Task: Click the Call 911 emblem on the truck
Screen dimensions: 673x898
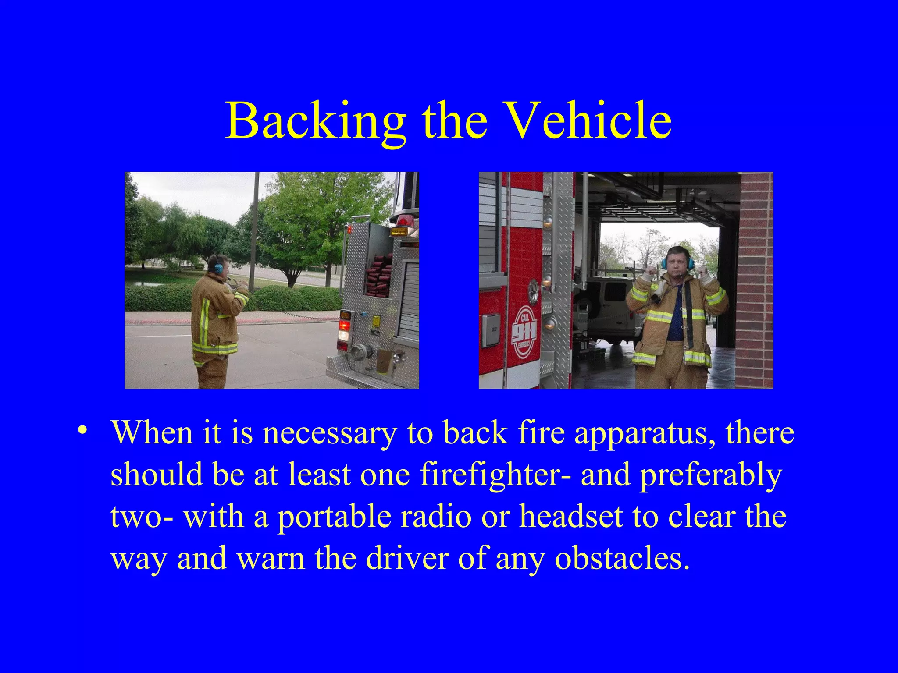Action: pos(524,332)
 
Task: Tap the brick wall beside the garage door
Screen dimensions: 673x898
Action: pos(756,280)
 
